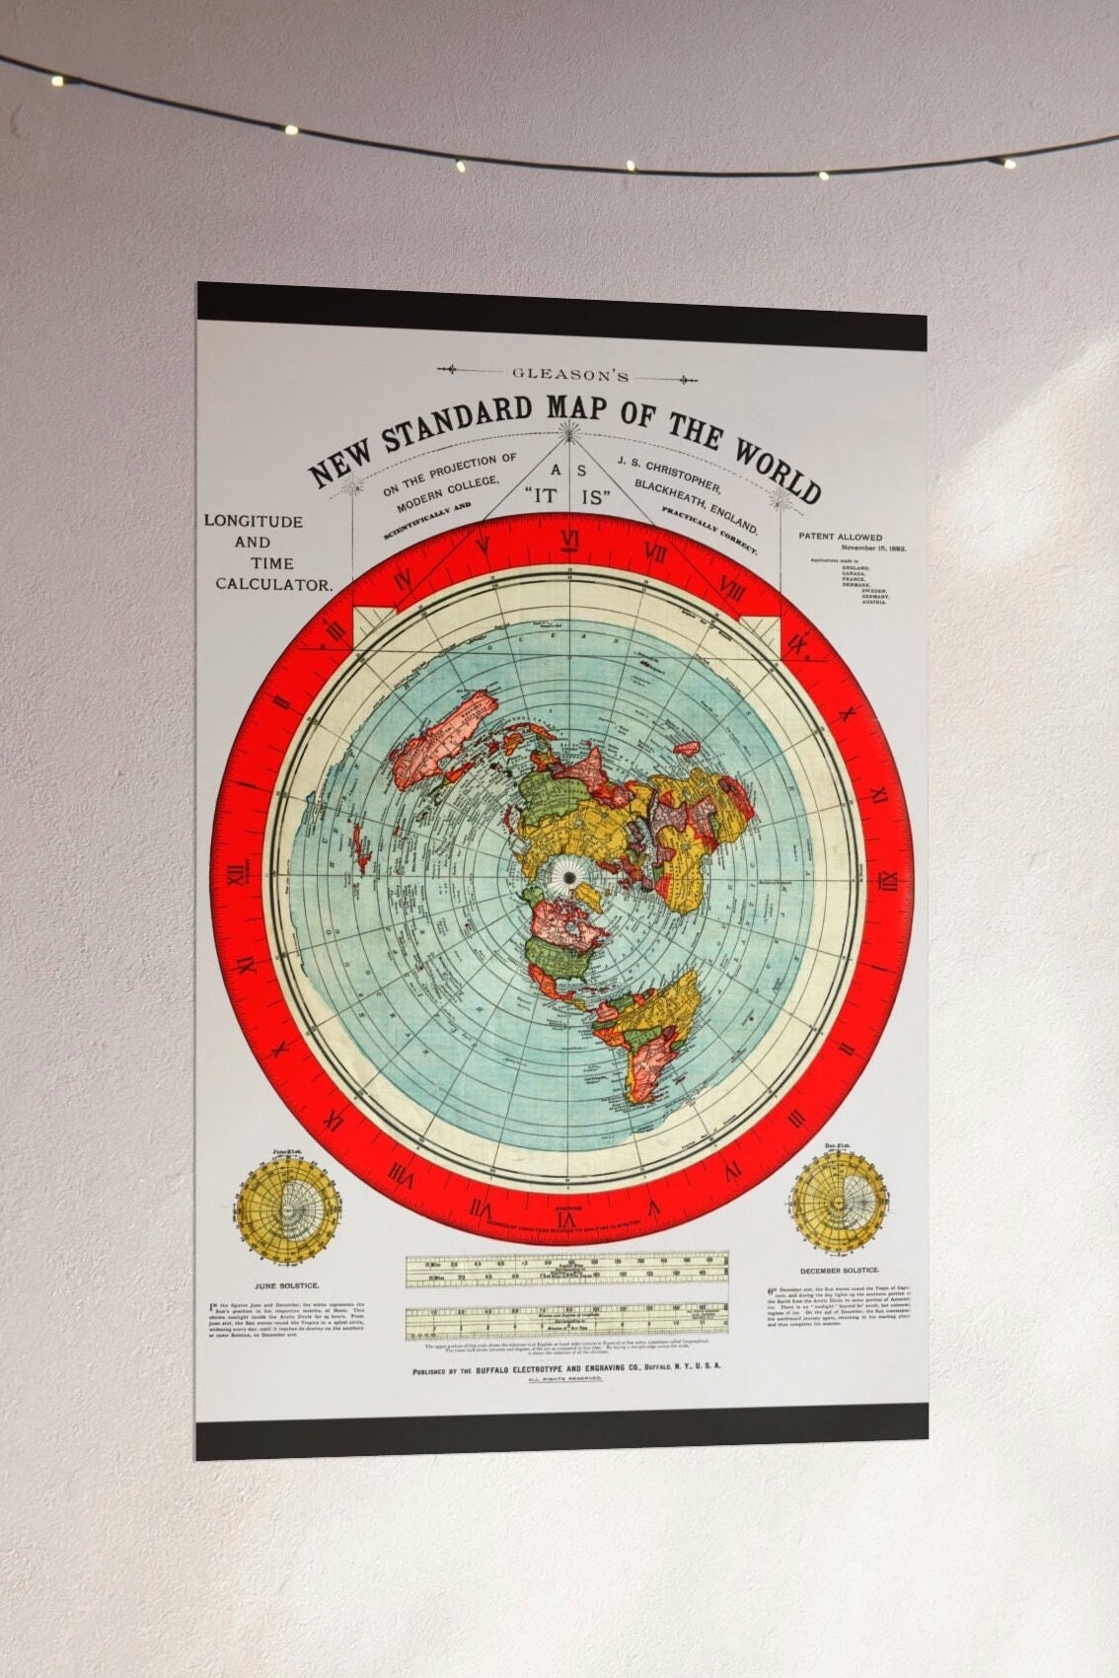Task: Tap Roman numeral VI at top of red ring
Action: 569,539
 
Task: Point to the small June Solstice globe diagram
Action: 287,1210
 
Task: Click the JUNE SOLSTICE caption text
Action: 287,1285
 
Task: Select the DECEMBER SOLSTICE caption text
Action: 839,1271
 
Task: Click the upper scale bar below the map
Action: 567,1272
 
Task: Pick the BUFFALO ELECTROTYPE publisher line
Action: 567,1367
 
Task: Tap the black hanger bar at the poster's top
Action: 561,317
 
